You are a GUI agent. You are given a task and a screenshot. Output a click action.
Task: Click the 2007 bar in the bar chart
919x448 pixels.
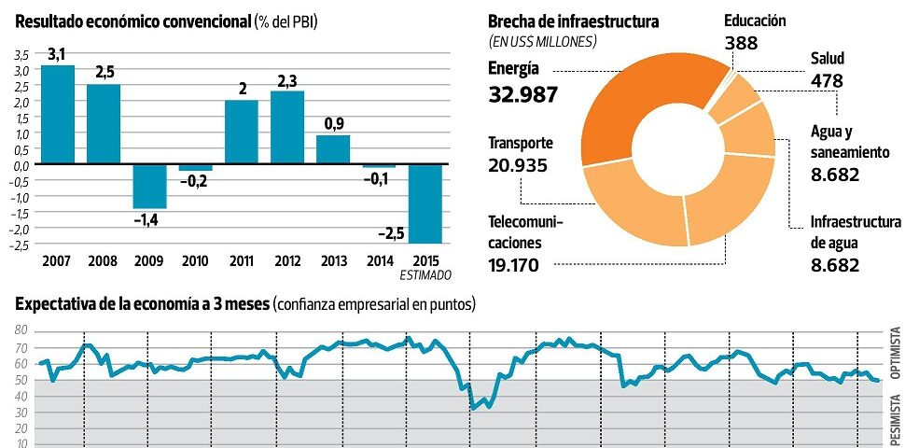click(58, 114)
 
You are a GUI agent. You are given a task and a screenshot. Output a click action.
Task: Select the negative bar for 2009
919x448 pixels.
click(149, 186)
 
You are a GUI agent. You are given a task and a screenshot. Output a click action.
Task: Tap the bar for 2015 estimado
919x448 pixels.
click(425, 203)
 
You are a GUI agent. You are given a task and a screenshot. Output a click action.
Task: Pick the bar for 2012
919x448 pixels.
click(287, 127)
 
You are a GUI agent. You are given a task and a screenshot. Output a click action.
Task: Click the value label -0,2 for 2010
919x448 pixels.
click(194, 182)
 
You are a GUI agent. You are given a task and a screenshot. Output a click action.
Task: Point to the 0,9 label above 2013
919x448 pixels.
click(333, 123)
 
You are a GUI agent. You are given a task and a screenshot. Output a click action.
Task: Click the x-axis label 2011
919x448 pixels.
click(241, 260)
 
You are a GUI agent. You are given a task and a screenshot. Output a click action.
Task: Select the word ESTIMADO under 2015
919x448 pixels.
click(425, 275)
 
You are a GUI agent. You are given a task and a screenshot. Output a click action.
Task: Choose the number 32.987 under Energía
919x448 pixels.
click(522, 94)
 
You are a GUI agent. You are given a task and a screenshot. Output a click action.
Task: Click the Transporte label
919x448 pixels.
click(521, 144)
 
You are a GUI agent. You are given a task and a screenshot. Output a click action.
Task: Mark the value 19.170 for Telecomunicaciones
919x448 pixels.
click(517, 265)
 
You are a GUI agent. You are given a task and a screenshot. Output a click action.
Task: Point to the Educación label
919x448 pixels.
click(755, 21)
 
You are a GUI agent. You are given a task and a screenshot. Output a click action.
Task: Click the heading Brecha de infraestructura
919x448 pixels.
click(573, 21)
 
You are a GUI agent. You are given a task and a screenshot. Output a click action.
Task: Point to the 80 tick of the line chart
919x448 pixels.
click(21, 330)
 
